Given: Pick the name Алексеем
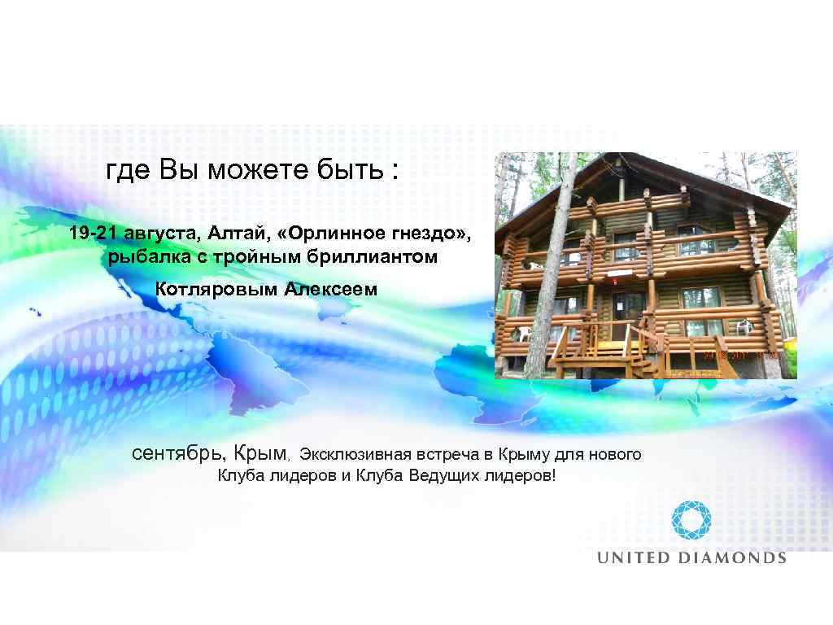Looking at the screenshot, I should click(x=331, y=289).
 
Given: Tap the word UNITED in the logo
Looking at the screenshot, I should click(x=634, y=558).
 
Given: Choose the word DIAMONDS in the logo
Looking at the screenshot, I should click(x=731, y=558).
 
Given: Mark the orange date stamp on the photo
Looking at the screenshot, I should click(x=741, y=356).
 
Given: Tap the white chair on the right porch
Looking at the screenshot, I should click(x=743, y=327).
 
